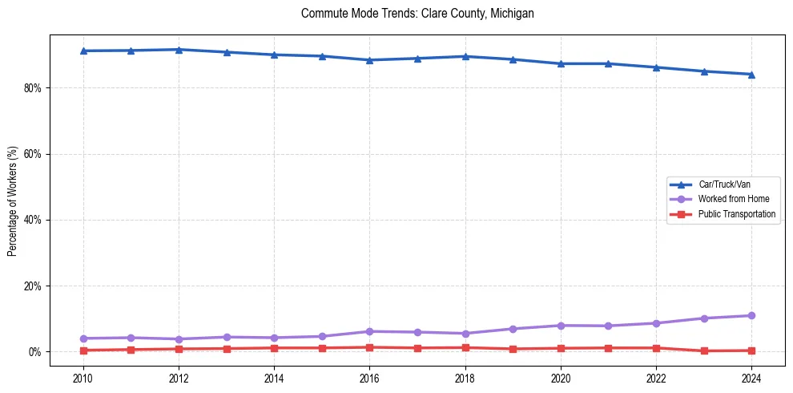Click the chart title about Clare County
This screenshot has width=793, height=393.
[x=417, y=14]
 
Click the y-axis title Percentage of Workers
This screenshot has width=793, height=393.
[x=13, y=200]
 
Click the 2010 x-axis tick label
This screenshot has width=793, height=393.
[x=83, y=377]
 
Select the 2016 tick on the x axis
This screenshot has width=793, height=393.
[x=369, y=377]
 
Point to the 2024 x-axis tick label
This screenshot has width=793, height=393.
[x=751, y=377]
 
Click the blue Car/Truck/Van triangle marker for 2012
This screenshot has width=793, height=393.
[x=179, y=50]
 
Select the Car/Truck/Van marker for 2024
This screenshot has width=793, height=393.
[x=751, y=75]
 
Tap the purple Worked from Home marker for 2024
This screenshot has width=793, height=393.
[x=751, y=316]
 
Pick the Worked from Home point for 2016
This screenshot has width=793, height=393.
[x=369, y=331]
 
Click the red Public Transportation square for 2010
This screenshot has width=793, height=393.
[x=83, y=350]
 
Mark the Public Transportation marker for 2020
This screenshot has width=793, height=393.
[x=561, y=348]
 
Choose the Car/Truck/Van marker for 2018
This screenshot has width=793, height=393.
[x=465, y=56]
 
